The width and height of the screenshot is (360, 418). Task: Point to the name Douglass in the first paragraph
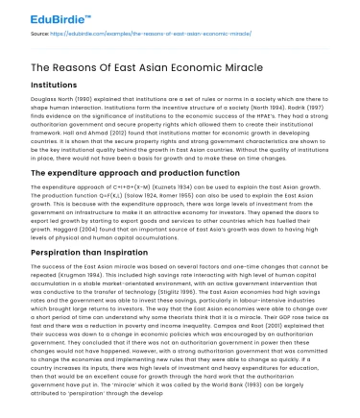pyautogui.click(x=31, y=99)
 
